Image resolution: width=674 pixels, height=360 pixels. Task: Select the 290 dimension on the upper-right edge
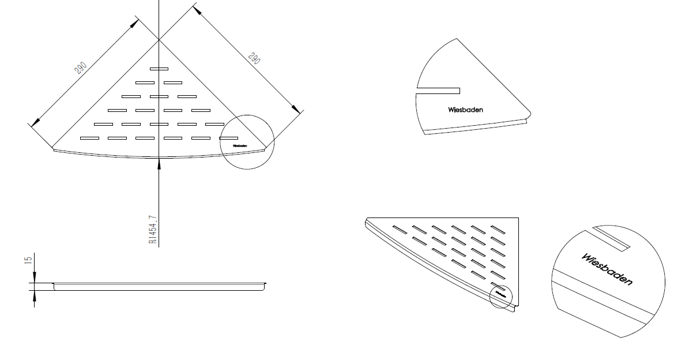[x=253, y=58]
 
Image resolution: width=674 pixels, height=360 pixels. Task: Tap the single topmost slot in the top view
[x=159, y=69]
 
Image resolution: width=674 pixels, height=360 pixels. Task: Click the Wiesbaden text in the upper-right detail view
[x=465, y=110]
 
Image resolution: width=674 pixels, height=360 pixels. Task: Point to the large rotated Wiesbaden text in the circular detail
[x=607, y=269]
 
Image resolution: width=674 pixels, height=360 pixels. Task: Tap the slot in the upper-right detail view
[x=438, y=90]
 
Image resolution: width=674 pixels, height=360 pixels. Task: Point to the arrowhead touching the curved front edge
[x=159, y=164]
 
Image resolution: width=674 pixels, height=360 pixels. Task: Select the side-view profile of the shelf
[x=160, y=286]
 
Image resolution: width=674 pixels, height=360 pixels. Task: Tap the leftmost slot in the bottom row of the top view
[x=89, y=138]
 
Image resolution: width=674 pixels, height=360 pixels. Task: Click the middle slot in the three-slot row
[x=159, y=96]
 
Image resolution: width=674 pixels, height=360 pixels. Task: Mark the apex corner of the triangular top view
[x=159, y=40]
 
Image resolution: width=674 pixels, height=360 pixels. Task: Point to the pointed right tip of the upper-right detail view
[x=530, y=113]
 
